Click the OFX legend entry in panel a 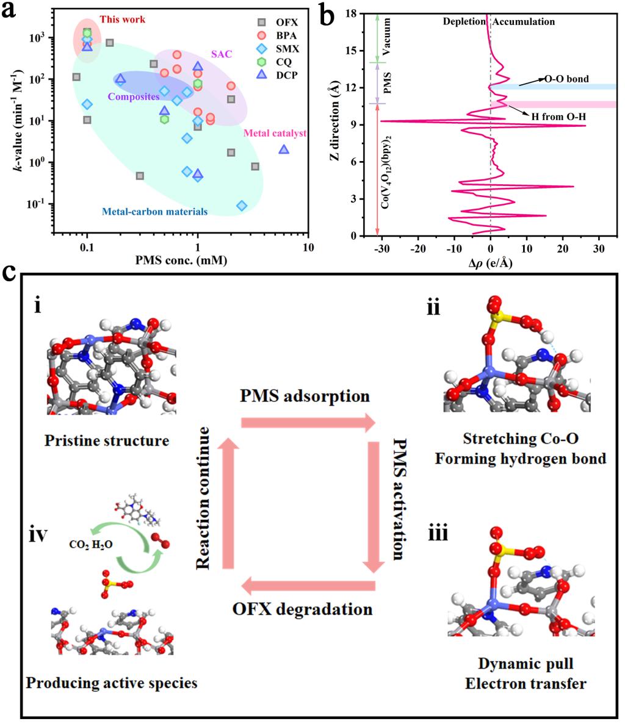pos(283,23)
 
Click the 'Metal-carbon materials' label pos(154,212)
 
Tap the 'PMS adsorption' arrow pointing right pos(308,422)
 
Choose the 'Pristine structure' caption pos(106,439)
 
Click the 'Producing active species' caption pos(112,683)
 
